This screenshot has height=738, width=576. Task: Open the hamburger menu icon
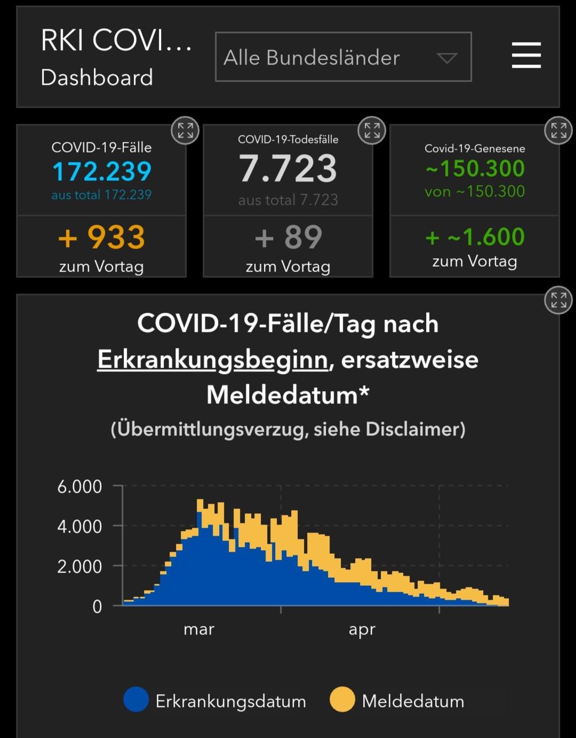click(526, 55)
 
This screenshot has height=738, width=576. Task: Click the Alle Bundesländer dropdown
click(343, 57)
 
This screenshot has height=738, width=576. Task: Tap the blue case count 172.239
click(101, 171)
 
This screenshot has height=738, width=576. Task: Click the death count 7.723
click(288, 169)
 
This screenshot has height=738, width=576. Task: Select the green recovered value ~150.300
click(475, 169)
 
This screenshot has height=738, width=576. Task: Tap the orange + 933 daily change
click(101, 237)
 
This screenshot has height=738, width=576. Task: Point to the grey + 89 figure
click(288, 237)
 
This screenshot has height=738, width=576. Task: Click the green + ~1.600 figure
click(475, 237)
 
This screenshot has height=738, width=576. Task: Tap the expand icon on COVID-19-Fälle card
click(185, 130)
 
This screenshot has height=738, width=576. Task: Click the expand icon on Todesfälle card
click(372, 130)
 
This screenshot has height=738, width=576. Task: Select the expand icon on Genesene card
click(558, 130)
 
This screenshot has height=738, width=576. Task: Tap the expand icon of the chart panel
click(558, 300)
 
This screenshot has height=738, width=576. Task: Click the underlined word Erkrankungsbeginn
click(213, 360)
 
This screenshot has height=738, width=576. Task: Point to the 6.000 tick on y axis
click(79, 487)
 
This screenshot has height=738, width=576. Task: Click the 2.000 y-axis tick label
click(79, 566)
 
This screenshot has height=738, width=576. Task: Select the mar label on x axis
click(199, 629)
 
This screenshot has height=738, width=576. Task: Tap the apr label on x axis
click(362, 629)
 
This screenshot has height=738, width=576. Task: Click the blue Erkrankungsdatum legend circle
click(136, 700)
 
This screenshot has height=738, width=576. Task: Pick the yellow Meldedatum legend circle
click(342, 700)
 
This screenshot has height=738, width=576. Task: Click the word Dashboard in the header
click(97, 78)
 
